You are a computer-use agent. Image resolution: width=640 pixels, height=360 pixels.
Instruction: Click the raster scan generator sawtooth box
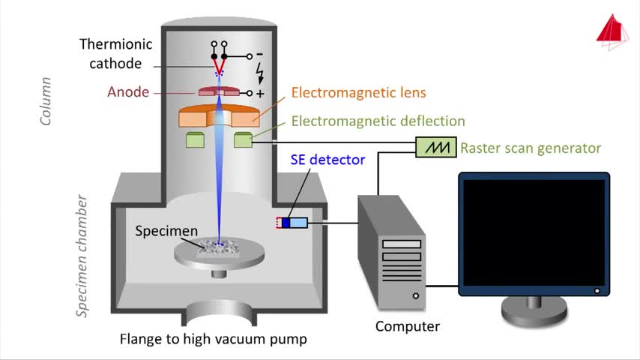[436, 147]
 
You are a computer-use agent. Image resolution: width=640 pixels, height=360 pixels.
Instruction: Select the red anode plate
[219, 91]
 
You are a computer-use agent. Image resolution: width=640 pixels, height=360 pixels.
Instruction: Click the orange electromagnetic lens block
[219, 115]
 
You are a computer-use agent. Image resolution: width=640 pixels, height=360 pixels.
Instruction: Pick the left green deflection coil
[195, 139]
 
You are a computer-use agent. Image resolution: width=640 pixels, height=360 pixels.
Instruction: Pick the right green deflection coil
[244, 139]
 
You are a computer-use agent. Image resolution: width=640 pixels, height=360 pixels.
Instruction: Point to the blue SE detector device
[292, 223]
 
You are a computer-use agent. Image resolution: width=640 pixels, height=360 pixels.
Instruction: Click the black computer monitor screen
[534, 232]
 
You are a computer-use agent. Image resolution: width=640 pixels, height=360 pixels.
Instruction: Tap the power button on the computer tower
[415, 295]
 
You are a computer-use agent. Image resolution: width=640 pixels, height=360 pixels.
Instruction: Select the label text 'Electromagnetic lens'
[358, 93]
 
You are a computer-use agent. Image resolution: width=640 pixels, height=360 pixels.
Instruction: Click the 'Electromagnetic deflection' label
[378, 121]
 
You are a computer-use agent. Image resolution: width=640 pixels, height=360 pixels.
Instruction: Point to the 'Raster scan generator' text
[531, 148]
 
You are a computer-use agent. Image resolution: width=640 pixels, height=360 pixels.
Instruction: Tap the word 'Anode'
[128, 92]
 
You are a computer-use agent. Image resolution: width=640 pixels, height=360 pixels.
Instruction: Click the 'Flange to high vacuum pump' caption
[213, 339]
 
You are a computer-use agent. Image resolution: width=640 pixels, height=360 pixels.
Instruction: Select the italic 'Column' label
[45, 101]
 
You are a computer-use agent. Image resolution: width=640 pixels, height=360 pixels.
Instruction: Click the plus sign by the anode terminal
[260, 94]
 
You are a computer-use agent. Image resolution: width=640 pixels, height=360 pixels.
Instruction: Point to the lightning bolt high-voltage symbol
[259, 73]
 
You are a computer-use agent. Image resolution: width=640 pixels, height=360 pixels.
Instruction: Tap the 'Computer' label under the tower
[408, 326]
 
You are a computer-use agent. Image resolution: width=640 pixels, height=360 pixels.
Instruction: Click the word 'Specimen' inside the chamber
[166, 231]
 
